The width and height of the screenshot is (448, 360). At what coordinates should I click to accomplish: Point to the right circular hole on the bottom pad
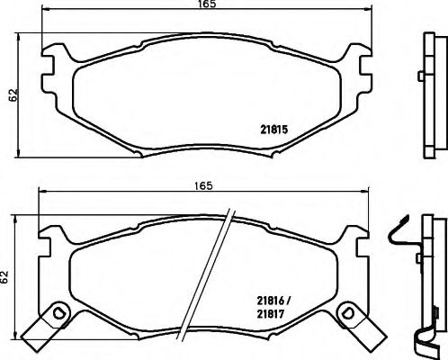pos(346,312)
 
